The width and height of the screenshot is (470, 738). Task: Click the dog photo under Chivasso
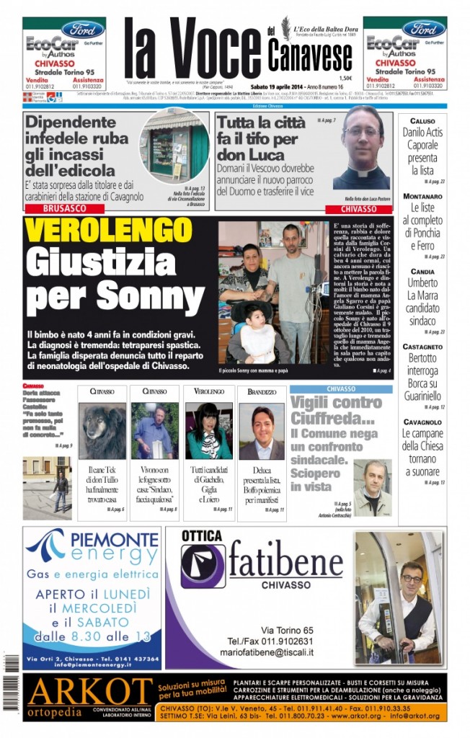coord(102,431)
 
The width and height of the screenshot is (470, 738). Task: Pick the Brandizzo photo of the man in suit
coord(261,431)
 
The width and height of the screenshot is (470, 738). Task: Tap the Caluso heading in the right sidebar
coord(422,121)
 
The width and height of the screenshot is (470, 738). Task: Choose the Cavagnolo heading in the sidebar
coord(422,421)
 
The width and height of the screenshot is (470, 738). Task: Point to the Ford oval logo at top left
coord(82,30)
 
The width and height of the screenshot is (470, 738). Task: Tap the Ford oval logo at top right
coord(423,30)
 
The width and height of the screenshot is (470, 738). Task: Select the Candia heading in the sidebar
coord(422,272)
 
